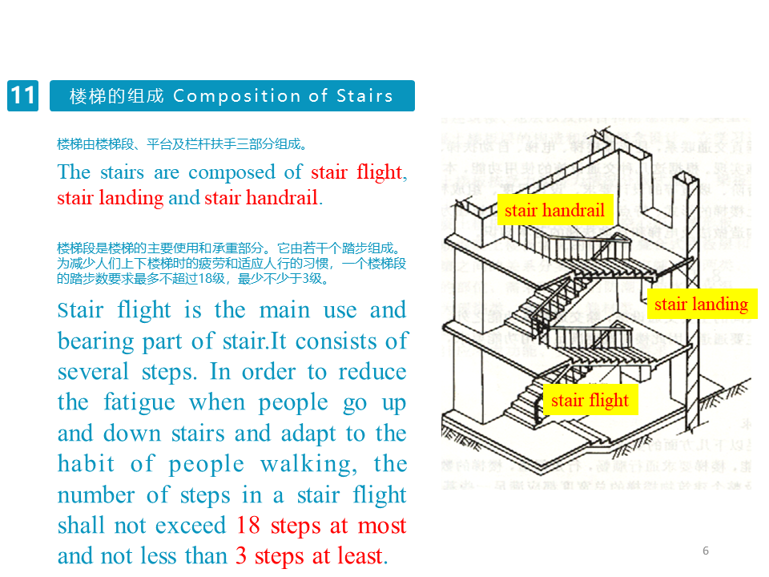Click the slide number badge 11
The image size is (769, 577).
[22, 96]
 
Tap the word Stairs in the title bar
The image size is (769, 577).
[364, 96]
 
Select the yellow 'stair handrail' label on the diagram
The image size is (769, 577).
[554, 212]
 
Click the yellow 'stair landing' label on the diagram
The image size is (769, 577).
[701, 304]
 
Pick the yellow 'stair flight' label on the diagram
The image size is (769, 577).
[590, 400]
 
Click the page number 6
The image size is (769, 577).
[706, 551]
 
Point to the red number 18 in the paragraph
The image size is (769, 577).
[249, 526]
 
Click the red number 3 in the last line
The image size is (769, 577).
[240, 555]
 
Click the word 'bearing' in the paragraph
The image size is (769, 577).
[87, 341]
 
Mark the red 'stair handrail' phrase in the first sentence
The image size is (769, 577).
[261, 198]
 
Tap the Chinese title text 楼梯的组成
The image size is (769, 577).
[116, 96]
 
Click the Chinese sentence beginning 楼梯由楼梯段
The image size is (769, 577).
[182, 144]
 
